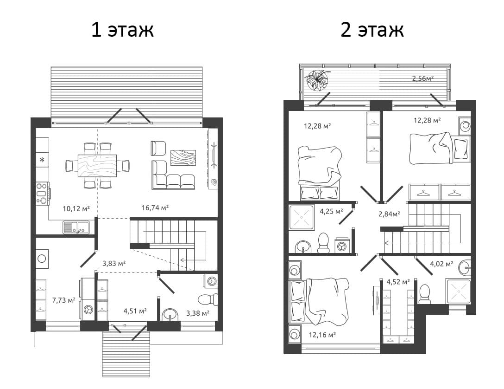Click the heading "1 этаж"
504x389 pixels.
(122, 30)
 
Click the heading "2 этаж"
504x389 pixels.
(372, 30)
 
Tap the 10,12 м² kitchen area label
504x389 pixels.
(76, 208)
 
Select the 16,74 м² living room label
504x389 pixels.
(155, 207)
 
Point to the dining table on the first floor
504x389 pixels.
(97, 166)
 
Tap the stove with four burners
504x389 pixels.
(43, 194)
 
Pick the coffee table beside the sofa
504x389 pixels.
(183, 157)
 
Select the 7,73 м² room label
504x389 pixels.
(63, 300)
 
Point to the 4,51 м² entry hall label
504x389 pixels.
(135, 311)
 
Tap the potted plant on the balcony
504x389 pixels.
(317, 80)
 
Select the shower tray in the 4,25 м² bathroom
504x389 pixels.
(301, 218)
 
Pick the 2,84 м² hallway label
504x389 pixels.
(389, 214)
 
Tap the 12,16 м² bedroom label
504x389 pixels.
(322, 335)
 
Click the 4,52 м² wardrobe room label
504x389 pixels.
(398, 282)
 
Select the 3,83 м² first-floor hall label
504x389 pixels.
(114, 263)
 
